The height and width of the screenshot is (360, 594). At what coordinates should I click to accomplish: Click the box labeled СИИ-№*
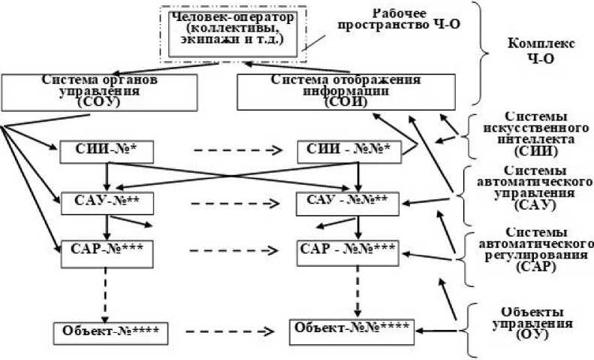(x=107, y=152)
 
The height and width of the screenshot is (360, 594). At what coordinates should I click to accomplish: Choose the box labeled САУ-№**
(x=107, y=201)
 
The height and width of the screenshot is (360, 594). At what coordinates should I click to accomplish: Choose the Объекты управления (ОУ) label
(x=535, y=322)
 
